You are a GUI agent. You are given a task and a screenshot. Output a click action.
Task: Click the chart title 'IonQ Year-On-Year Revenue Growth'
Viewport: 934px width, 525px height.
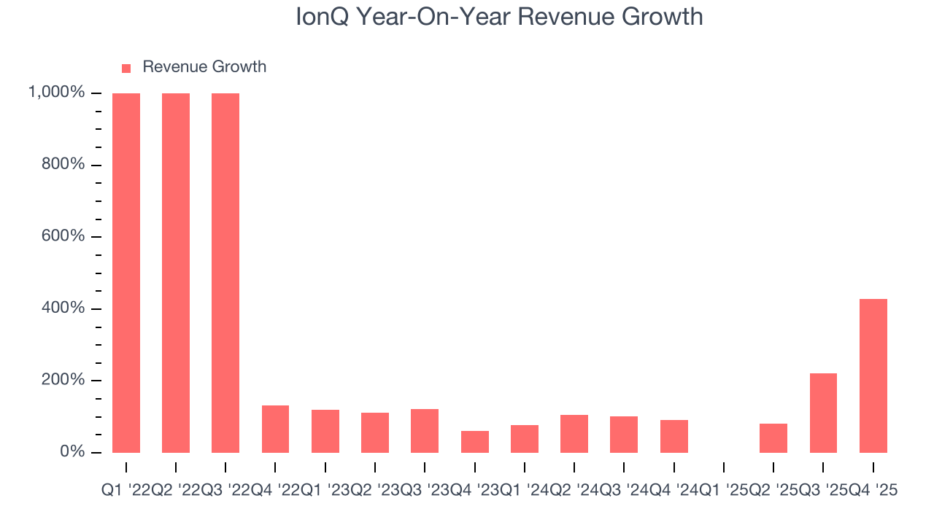499,17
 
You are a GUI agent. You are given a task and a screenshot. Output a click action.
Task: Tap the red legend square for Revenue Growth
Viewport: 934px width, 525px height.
126,68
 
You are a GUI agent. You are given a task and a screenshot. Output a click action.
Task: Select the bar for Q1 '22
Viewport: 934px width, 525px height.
126,273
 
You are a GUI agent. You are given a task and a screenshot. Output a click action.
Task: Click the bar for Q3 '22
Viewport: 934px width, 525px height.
225,273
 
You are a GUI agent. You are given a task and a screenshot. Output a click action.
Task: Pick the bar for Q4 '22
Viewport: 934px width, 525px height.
275,429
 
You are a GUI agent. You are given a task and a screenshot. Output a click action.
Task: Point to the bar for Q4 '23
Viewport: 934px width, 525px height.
474,441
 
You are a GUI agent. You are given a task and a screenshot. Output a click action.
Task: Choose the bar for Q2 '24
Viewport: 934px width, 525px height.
574,434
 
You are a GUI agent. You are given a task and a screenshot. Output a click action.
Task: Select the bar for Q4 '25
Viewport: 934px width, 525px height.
873,376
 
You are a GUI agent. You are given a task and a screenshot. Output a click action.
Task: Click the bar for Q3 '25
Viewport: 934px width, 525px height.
823,413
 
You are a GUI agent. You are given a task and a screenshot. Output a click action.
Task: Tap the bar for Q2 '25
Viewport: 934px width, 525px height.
773,437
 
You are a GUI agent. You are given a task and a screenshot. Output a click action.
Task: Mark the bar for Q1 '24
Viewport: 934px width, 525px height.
525,438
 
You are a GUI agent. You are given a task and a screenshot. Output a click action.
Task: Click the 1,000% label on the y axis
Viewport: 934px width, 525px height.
56,93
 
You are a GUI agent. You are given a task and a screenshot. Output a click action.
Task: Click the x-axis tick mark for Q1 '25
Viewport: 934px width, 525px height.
724,467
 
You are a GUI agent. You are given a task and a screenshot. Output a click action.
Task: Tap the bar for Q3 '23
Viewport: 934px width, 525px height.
425,430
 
